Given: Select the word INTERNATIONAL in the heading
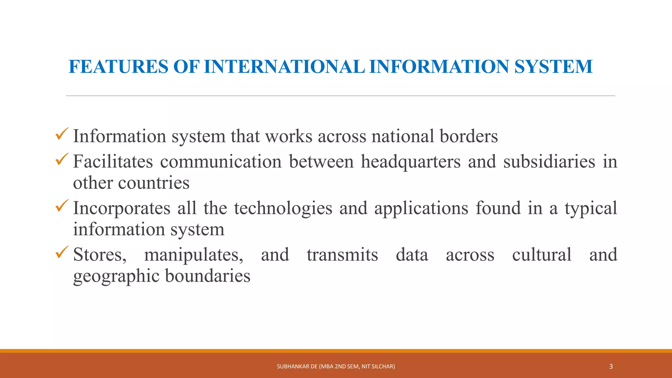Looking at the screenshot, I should click(x=284, y=67).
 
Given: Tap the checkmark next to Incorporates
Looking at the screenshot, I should click(x=62, y=206).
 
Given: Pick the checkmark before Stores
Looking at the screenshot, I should click(x=62, y=252).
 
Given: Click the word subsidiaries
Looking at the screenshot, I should click(x=549, y=161).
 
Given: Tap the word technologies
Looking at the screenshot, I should click(x=283, y=208).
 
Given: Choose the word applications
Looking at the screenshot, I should click(x=421, y=208).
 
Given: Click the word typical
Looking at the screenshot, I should click(x=591, y=209).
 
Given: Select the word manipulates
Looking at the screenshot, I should click(x=194, y=255).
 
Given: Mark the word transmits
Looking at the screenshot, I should click(x=342, y=255).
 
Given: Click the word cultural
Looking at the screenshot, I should click(x=542, y=255).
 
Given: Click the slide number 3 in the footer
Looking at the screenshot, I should click(x=611, y=367).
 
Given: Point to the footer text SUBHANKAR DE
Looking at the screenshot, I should click(x=297, y=367).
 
